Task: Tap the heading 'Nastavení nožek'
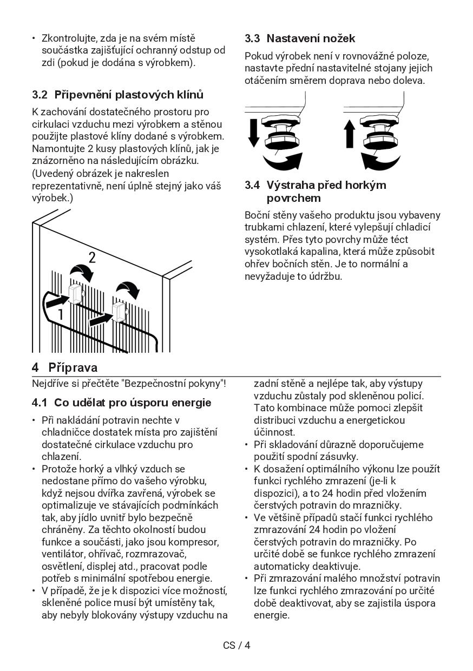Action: point(311,38)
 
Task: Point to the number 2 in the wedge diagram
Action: point(92,258)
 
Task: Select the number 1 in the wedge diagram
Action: point(61,314)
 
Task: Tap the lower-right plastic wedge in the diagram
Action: point(119,312)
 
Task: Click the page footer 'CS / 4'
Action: point(236,645)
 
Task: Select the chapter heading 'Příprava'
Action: point(73,368)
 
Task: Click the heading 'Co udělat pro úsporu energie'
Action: point(133,403)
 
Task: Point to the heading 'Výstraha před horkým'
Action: point(326,185)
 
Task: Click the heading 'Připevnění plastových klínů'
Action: point(129,95)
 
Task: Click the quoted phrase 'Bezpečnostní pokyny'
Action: point(173,384)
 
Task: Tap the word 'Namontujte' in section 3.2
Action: point(58,149)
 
